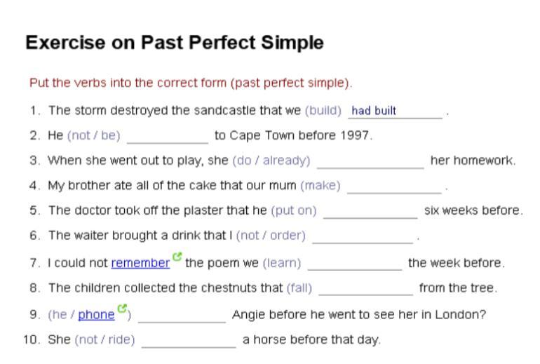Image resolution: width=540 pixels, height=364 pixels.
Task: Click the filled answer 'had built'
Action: pos(374,111)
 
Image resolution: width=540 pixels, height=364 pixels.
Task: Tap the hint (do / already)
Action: pos(271,161)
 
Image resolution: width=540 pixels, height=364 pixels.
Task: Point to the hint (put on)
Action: pos(294,210)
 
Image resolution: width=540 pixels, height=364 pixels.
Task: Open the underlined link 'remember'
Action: pos(140,263)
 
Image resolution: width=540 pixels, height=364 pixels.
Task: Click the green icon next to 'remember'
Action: pos(177,257)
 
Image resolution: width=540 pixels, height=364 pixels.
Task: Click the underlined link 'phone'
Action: pos(97,315)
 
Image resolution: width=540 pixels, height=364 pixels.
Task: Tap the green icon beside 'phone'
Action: pos(122,308)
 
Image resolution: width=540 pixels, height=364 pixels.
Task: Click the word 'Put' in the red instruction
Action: pos(39,83)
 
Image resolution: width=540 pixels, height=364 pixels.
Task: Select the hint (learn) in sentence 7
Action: pos(282,263)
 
